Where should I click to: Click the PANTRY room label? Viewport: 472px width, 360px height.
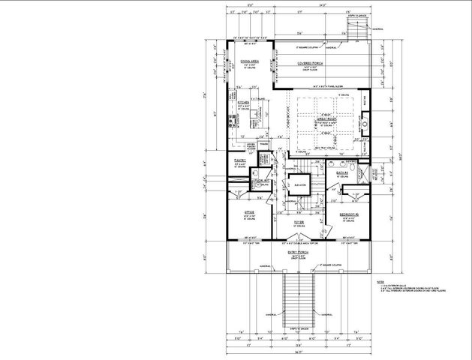(x=239, y=160)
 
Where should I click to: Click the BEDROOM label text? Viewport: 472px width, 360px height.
(x=346, y=214)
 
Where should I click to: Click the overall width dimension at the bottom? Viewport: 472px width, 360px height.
(x=299, y=352)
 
